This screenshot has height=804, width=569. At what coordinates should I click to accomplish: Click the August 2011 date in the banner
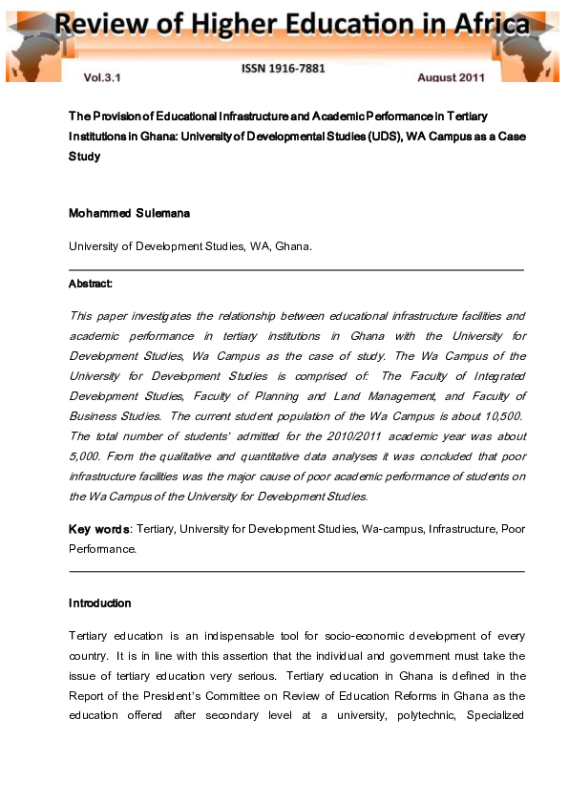coord(452,76)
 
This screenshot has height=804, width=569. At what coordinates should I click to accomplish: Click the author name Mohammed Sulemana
coord(129,213)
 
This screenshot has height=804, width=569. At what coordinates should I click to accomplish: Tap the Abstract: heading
coord(91,284)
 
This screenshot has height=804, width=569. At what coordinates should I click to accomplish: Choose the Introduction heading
coord(99,603)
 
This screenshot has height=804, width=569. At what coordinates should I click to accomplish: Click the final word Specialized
coord(492,716)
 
